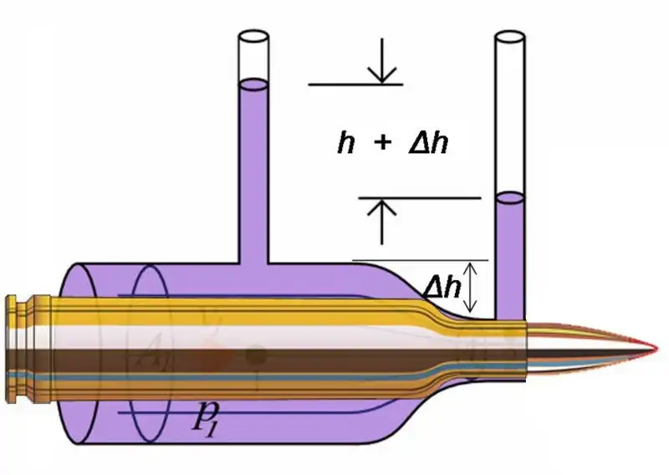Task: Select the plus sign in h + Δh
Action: click(381, 145)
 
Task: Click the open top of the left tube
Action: click(253, 38)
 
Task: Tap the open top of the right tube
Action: click(509, 38)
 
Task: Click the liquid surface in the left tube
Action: click(253, 84)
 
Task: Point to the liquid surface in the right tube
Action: click(509, 197)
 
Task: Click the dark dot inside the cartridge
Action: click(257, 356)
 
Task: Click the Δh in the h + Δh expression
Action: click(428, 145)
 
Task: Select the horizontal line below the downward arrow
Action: click(355, 84)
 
